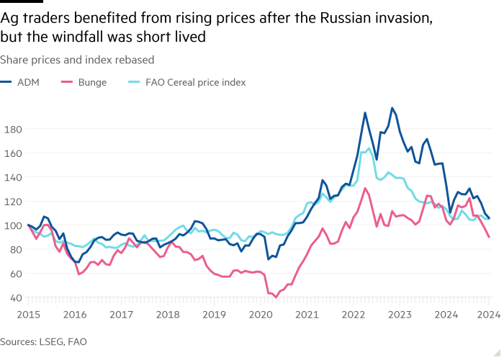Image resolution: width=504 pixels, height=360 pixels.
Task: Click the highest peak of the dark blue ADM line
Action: [x=392, y=108]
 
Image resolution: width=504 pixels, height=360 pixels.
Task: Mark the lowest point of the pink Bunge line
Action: [x=276, y=296]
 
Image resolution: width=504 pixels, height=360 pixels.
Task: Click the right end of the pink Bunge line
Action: [x=490, y=237]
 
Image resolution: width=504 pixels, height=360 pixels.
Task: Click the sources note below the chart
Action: [x=43, y=341]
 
